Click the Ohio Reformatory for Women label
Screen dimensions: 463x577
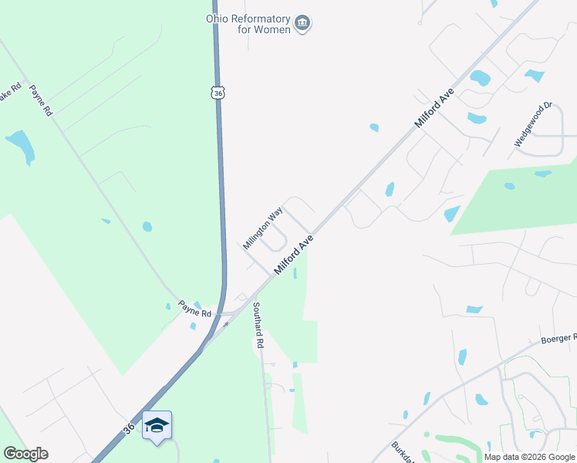pyautogui.click(x=248, y=24)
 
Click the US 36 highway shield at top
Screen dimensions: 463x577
pyautogui.click(x=219, y=93)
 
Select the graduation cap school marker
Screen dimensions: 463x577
pyautogui.click(x=157, y=425)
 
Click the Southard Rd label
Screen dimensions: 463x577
pyautogui.click(x=258, y=324)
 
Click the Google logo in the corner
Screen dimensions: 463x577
pyautogui.click(x=25, y=454)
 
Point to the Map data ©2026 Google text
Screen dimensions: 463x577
pyautogui.click(x=529, y=457)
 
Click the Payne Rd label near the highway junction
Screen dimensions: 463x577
pyautogui.click(x=195, y=309)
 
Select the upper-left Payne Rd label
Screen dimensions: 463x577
pyautogui.click(x=41, y=100)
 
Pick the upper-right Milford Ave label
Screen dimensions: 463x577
pyautogui.click(x=434, y=108)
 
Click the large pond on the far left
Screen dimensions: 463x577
pyautogui.click(x=20, y=145)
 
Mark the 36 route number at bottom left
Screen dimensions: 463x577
pyautogui.click(x=129, y=427)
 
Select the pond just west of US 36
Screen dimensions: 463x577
pyautogui.click(x=147, y=227)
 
